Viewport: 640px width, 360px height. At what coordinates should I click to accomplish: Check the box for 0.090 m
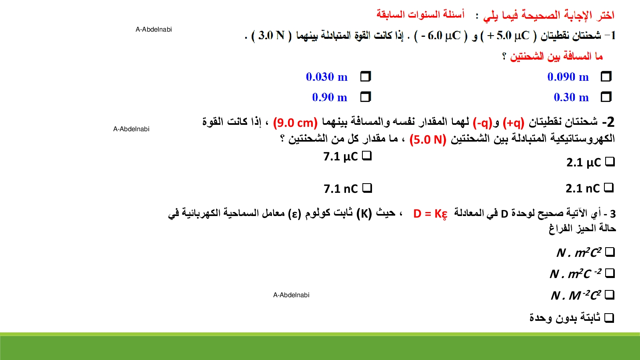(x=606, y=76)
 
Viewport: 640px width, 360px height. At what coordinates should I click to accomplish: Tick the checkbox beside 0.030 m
(x=366, y=76)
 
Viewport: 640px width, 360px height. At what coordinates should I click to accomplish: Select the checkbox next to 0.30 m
(x=606, y=97)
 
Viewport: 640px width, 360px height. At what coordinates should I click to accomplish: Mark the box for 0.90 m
(x=366, y=97)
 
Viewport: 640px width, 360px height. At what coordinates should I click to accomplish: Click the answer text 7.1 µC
(x=340, y=156)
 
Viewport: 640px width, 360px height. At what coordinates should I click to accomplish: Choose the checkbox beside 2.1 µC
(x=610, y=162)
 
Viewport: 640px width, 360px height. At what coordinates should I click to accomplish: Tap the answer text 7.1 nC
(x=340, y=189)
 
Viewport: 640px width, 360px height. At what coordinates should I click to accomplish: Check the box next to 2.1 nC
(x=609, y=188)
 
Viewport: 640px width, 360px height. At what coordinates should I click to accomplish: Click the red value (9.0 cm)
(x=295, y=123)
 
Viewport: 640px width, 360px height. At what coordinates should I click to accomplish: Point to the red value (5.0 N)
(x=428, y=140)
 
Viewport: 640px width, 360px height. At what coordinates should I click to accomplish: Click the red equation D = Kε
(x=430, y=214)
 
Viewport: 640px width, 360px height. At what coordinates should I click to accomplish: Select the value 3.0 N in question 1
(x=272, y=36)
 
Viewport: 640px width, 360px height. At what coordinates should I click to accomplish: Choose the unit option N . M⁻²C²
(x=576, y=295)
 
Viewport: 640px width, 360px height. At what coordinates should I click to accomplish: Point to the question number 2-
(x=608, y=122)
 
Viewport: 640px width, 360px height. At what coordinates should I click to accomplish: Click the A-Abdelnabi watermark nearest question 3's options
(x=291, y=295)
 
